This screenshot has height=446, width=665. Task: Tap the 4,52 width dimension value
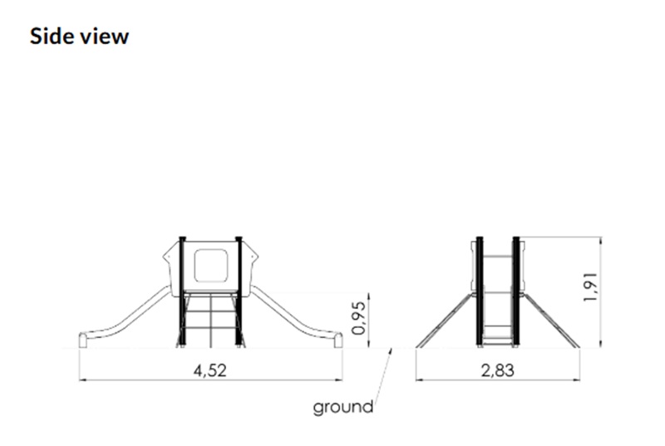click(210, 370)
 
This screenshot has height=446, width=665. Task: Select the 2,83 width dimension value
click(497, 370)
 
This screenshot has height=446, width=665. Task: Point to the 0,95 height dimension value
click(359, 318)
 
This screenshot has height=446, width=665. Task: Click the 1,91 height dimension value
click(591, 287)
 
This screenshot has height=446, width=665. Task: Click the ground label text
click(343, 407)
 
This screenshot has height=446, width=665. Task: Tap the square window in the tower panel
click(211, 266)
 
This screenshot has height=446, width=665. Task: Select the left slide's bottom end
click(82, 341)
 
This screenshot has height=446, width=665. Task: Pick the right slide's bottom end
click(338, 341)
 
